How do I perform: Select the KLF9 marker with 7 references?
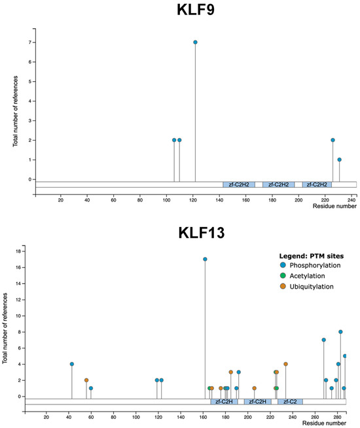[195, 43]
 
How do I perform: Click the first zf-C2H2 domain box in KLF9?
[238, 185]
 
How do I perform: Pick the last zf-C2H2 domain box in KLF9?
[317, 185]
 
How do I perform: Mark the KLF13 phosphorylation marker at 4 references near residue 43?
[72, 364]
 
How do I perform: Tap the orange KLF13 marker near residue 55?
[86, 380]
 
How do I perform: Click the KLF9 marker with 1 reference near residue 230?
[339, 160]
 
